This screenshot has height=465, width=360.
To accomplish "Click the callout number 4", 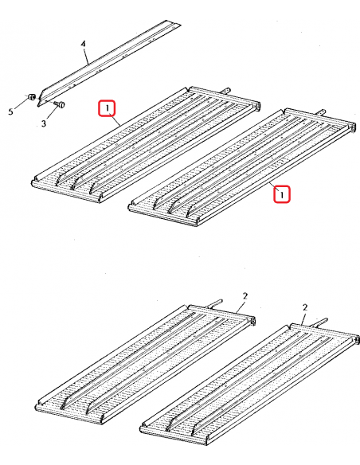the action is [84, 44].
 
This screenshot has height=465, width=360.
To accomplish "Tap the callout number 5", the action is [11, 111].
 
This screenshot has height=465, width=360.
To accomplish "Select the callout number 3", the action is [44, 123].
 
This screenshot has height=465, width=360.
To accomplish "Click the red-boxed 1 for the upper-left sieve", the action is [107, 109].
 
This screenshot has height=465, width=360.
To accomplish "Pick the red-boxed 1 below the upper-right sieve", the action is [282, 194].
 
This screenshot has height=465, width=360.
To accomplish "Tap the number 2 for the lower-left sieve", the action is [245, 296].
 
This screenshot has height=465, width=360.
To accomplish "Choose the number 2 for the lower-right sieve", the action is [305, 307].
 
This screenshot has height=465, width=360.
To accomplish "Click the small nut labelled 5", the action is [32, 97].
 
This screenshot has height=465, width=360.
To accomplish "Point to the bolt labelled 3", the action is [61, 104].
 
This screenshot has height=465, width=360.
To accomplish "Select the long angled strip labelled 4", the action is [108, 63].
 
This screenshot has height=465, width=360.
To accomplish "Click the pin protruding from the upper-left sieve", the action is [225, 90].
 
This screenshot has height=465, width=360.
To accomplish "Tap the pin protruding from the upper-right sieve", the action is [321, 112].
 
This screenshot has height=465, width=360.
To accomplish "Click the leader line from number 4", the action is [86, 56].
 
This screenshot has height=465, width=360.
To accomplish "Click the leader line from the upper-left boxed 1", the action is [116, 120].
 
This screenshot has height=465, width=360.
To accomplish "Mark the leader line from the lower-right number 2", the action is [302, 318].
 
